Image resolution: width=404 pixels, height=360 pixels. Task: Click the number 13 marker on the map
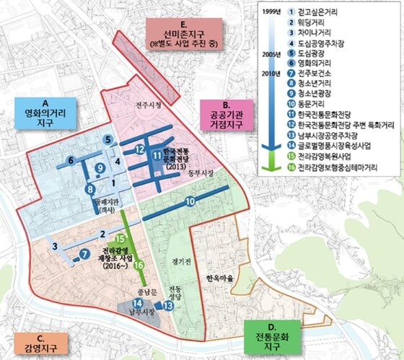[167, 306]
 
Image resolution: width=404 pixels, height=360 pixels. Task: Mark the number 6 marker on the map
[71, 160]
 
